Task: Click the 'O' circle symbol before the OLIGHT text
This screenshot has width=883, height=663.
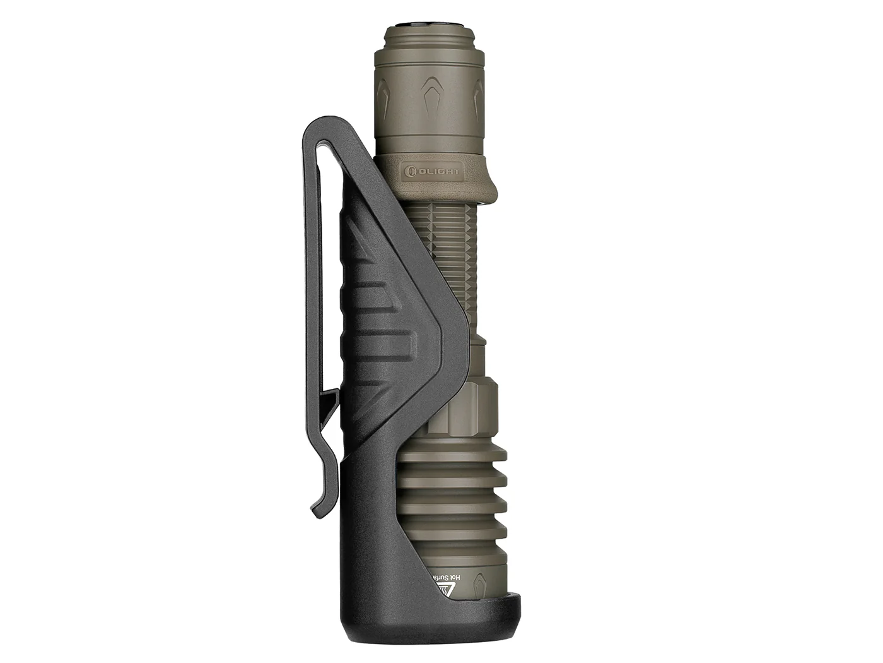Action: [x=411, y=170]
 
